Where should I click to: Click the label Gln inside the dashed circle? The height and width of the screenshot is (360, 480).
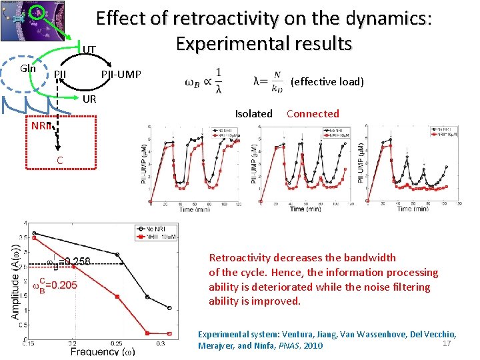27,69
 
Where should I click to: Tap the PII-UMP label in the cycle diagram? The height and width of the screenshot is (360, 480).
121,74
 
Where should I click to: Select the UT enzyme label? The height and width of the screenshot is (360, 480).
89,50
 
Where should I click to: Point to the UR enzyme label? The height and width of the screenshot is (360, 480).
89,99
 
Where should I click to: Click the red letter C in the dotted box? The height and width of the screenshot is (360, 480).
60,160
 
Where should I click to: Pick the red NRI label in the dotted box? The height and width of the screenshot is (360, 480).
41,126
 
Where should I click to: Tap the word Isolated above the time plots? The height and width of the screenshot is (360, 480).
253,114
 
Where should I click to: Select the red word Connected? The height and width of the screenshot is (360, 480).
313,114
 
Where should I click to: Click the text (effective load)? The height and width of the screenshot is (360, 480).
327,82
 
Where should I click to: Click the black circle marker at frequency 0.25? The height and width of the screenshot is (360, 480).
118,254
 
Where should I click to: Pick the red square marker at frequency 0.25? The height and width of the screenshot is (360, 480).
118,297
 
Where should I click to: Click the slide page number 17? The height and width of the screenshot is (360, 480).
447,343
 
